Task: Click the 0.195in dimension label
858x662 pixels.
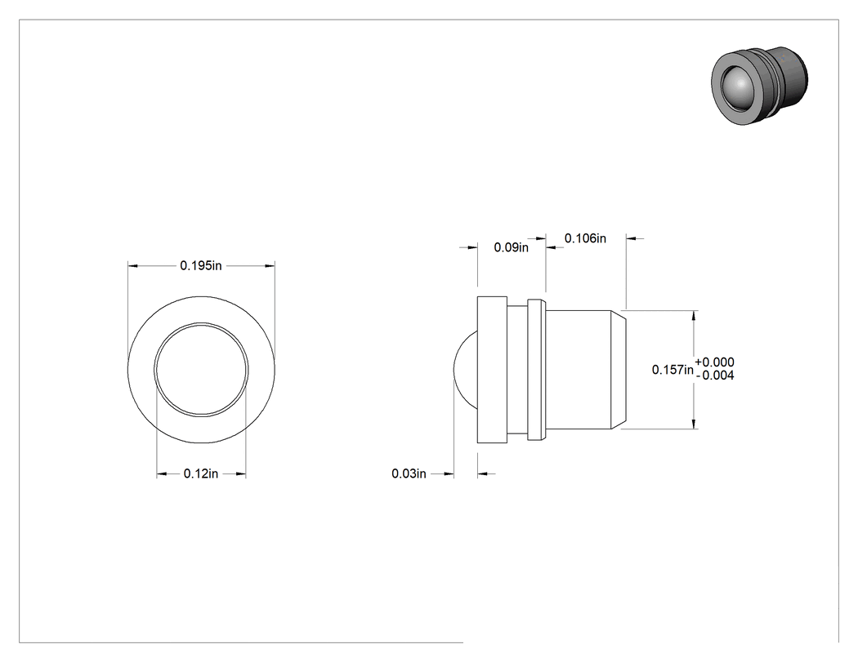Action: pos(201,265)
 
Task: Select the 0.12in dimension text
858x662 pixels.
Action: pos(201,473)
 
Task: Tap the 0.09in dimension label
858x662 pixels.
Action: pos(511,247)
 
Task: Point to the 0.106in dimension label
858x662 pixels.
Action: pos(585,238)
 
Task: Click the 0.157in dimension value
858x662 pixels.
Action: pos(673,370)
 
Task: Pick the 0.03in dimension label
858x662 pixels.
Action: pos(409,473)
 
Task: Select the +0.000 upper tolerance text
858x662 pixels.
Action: pos(715,362)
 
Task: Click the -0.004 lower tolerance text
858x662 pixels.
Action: pos(715,375)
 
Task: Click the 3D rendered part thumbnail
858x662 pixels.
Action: pos(759,85)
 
